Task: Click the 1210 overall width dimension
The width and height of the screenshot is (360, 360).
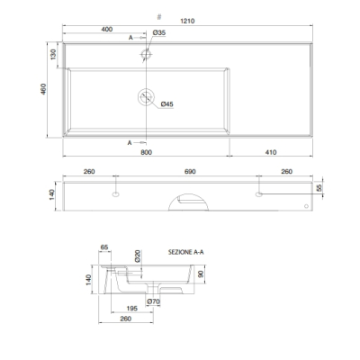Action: click(x=187, y=21)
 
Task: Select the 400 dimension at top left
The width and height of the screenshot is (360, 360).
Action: click(x=107, y=29)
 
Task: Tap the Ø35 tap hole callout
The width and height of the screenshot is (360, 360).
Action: click(x=159, y=32)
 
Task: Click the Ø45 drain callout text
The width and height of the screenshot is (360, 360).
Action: click(x=166, y=104)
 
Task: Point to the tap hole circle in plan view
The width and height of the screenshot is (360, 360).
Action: click(x=146, y=54)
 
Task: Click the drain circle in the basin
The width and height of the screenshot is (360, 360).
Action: click(x=146, y=97)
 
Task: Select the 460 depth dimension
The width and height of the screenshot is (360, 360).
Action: click(x=43, y=89)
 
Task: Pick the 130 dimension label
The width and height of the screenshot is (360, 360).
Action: click(x=53, y=54)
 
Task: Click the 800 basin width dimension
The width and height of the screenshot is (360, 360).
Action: click(x=146, y=152)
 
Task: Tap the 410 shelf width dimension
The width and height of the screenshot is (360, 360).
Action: click(x=271, y=152)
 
